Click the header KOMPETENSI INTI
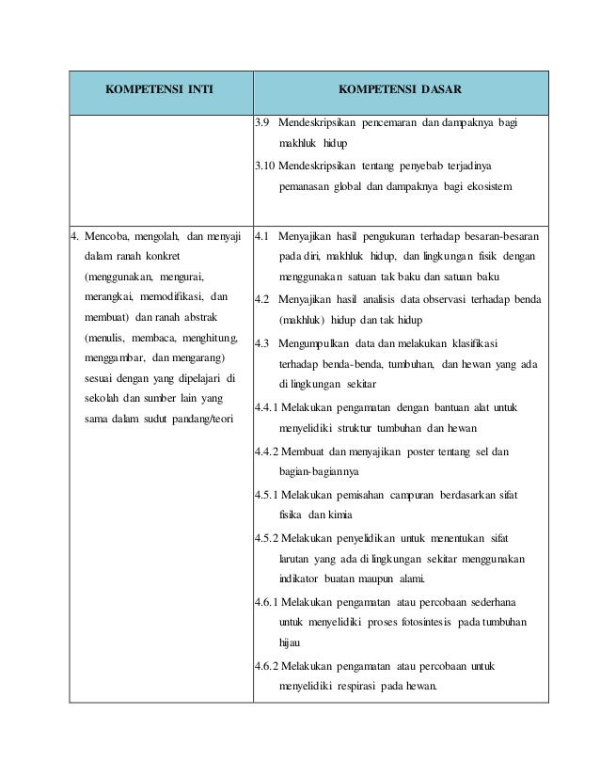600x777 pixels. tap(159, 92)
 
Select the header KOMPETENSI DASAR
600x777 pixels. tap(400, 92)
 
